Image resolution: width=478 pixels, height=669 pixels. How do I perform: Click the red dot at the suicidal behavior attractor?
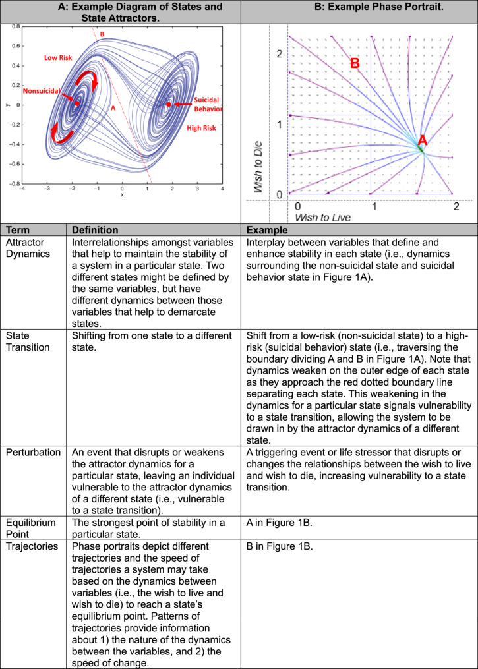[169, 105]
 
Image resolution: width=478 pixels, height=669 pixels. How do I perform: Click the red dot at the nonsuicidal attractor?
[77, 103]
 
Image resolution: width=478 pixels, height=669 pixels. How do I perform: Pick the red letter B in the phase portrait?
[355, 64]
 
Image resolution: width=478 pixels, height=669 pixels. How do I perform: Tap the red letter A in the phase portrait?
[423, 140]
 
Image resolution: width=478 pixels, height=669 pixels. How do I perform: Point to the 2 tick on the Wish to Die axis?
[279, 53]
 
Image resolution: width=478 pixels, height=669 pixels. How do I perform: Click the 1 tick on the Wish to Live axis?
[374, 206]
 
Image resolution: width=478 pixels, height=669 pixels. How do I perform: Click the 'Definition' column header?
[95, 231]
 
